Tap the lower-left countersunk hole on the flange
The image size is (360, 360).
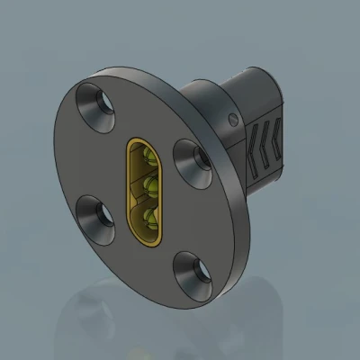tap(96, 215)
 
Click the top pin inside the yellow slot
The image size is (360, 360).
tap(149, 160)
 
